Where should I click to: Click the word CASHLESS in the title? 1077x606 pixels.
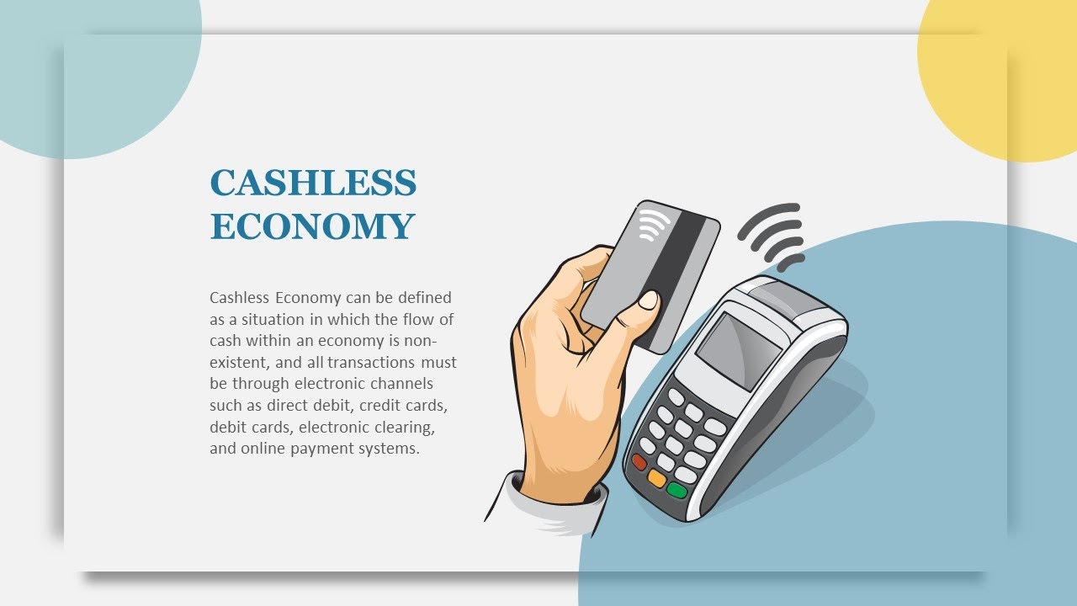(313, 183)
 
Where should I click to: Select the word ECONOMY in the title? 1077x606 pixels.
(312, 226)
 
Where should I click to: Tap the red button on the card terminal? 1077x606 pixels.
(639, 462)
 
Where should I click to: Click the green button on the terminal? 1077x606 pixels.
(676, 490)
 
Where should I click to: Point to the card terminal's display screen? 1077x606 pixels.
(739, 350)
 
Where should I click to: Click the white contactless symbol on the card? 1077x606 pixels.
(654, 225)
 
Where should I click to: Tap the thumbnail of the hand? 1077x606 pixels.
(649, 300)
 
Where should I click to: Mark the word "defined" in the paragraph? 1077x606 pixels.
(424, 297)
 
